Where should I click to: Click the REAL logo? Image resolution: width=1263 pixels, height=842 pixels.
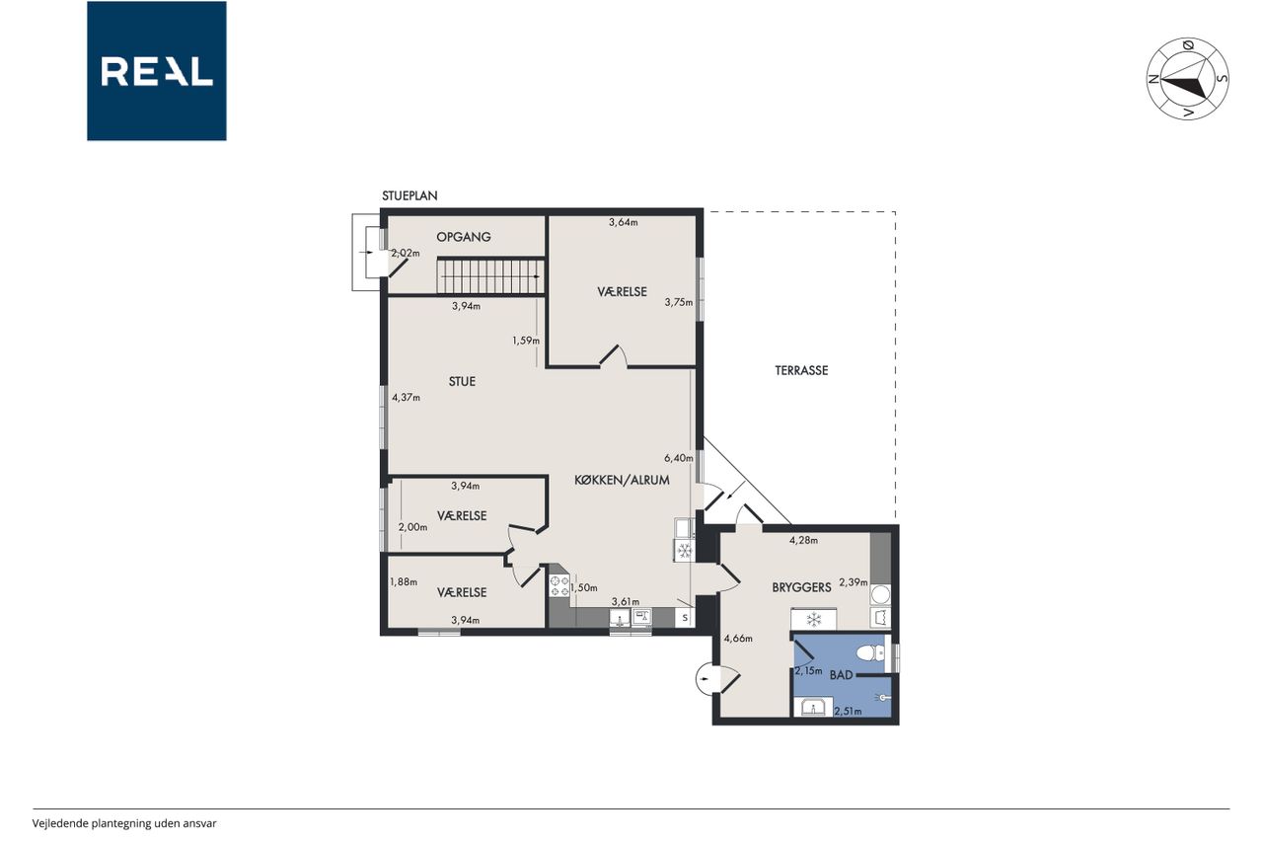point(157,71)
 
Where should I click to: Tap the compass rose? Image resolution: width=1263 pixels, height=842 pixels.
point(1187,79)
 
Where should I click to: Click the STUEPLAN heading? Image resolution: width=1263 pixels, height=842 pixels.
point(409,195)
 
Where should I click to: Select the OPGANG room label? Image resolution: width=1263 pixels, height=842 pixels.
point(464,237)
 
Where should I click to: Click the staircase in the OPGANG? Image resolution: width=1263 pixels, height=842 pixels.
point(490,276)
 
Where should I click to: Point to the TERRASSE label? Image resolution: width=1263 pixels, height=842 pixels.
point(801,370)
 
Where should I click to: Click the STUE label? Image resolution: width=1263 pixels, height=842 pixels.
point(462,382)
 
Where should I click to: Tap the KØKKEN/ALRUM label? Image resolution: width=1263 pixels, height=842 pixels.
point(622,480)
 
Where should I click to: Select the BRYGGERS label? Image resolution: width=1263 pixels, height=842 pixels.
point(801,587)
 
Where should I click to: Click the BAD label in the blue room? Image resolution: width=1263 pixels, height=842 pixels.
point(841,675)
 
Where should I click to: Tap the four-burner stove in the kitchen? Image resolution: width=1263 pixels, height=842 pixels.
point(559,585)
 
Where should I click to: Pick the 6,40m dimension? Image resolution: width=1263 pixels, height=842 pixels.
point(678,458)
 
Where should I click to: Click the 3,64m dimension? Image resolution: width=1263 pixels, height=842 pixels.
point(623,222)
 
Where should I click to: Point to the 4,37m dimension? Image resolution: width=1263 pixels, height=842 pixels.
point(406,398)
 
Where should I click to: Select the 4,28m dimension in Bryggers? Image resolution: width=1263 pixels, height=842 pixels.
point(803,540)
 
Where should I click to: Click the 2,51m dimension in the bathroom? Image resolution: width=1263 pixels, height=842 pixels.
point(848,711)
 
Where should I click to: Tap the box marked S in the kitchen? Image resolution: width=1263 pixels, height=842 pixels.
point(685,618)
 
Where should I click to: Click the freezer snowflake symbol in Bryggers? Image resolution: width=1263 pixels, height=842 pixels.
point(813,620)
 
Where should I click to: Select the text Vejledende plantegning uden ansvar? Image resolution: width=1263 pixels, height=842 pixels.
point(124,823)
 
